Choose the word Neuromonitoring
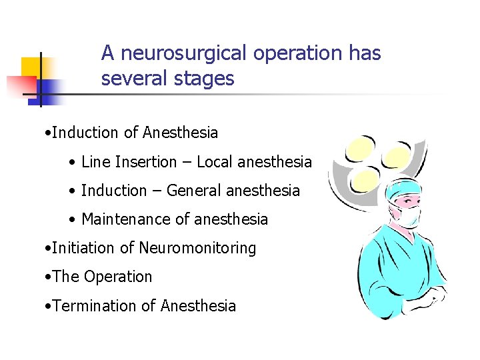[x=197, y=248]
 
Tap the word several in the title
[x=129, y=79]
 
